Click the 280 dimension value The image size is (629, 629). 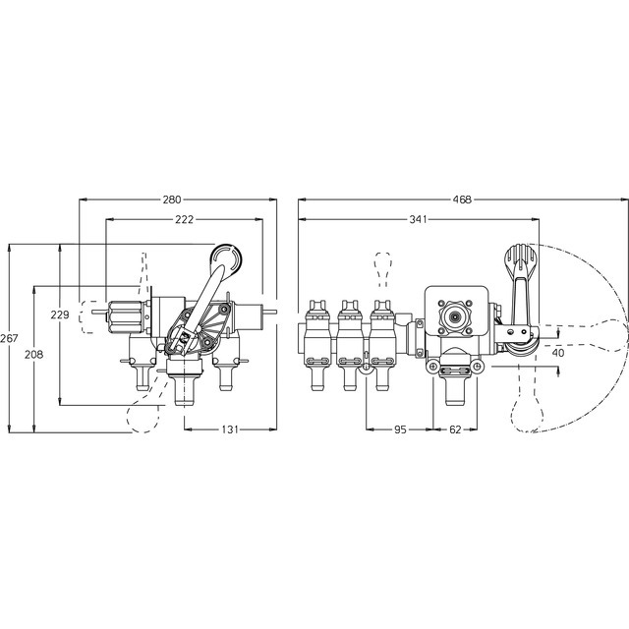pyautogui.click(x=172, y=200)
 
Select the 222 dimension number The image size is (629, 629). pyautogui.click(x=185, y=219)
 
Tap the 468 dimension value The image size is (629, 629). pyautogui.click(x=462, y=200)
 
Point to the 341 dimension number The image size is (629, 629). pyautogui.click(x=418, y=219)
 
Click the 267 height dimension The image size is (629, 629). pyautogui.click(x=9, y=338)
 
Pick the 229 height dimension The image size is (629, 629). pyautogui.click(x=60, y=314)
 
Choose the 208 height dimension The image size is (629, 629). pyautogui.click(x=34, y=355)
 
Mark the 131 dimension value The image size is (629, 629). pyautogui.click(x=230, y=429)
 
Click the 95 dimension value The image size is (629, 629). pyautogui.click(x=400, y=429)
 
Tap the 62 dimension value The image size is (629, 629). pyautogui.click(x=455, y=429)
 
